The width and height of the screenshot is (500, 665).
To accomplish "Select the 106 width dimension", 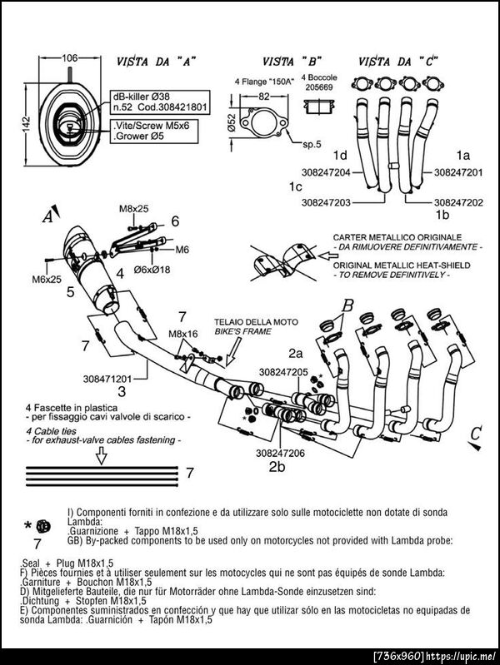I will tap(70, 57).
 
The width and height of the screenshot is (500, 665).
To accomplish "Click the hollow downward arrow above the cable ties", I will tap(101, 454).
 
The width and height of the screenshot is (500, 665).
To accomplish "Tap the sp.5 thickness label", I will tap(312, 144).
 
